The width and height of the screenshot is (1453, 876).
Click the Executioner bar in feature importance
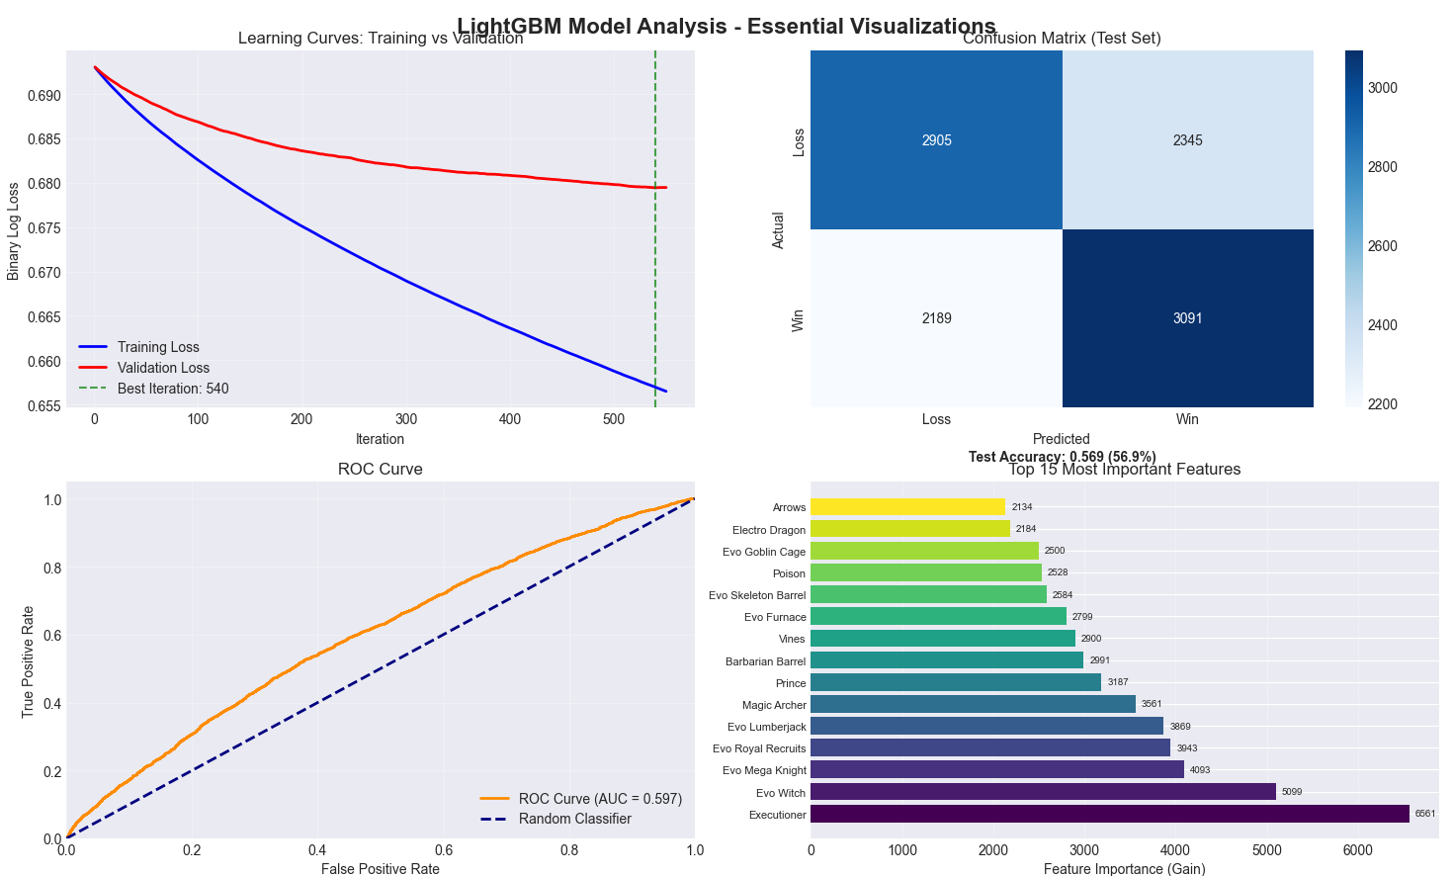1109,814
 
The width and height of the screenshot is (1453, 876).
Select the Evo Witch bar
1043,792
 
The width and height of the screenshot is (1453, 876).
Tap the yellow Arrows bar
907,507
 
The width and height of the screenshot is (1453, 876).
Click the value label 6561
1424,814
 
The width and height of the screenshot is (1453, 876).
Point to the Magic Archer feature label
774,705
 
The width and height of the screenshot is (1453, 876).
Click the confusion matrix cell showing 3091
1187,318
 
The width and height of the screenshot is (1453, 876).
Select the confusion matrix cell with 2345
1187,140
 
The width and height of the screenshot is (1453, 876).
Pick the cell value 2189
936,318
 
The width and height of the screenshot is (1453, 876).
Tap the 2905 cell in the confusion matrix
936,140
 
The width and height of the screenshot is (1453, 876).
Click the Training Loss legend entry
158,347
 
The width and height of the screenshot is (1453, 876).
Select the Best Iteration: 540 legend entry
173,389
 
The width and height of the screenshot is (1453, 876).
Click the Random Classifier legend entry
574,819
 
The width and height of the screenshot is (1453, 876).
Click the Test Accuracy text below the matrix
1062,457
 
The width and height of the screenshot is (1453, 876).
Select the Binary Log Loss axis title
13,230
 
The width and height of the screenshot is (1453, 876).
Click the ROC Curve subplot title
380,469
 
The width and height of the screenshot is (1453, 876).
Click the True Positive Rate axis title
28,661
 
